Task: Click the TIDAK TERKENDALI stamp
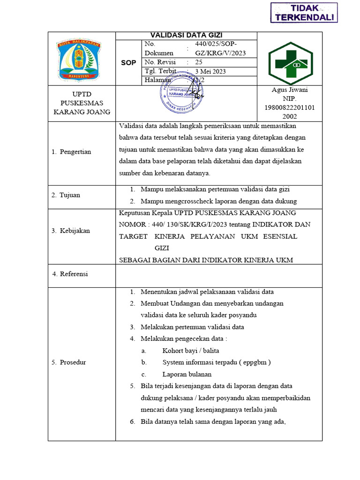click(304, 12)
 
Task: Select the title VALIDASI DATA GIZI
click(186, 35)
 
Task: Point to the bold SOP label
click(128, 62)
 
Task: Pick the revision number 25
click(199, 62)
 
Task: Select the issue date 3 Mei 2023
click(210, 71)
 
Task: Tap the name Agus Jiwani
click(290, 90)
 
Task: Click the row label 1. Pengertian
click(72, 152)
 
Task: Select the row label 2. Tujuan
click(66, 195)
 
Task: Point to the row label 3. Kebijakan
click(71, 231)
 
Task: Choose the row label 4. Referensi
click(70, 274)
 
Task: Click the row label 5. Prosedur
click(69, 362)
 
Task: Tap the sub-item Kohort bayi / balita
click(191, 351)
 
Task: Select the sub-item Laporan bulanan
click(187, 375)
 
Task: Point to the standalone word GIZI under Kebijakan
click(162, 248)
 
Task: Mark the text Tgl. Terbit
click(161, 71)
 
